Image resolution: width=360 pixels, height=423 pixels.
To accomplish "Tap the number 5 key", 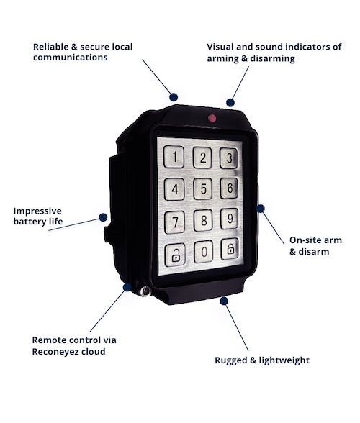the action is (203, 188).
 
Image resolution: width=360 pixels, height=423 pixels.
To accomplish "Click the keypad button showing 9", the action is (229, 219).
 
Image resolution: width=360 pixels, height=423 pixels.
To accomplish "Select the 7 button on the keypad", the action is (175, 222).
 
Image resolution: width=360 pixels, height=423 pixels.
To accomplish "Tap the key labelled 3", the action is (229, 158).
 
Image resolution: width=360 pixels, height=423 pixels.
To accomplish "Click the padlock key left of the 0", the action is (175, 255).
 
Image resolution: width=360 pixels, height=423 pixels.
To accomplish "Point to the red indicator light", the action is (212, 118).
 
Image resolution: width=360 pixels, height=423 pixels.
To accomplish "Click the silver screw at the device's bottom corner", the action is (145, 291).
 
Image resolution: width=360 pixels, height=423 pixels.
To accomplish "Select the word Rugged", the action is (231, 360).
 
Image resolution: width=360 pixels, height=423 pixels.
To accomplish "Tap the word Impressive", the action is (37, 211).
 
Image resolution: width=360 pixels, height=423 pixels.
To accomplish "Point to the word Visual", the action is (220, 47).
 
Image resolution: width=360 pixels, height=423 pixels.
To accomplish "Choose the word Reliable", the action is (51, 47).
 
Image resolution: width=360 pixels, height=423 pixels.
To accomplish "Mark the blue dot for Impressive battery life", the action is (103, 217).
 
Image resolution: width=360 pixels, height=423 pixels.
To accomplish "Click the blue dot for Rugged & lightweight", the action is (224, 301).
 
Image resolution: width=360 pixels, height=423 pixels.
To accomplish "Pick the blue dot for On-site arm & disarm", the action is (261, 209).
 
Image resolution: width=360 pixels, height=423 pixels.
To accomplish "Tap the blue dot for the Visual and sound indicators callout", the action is (230, 102).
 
